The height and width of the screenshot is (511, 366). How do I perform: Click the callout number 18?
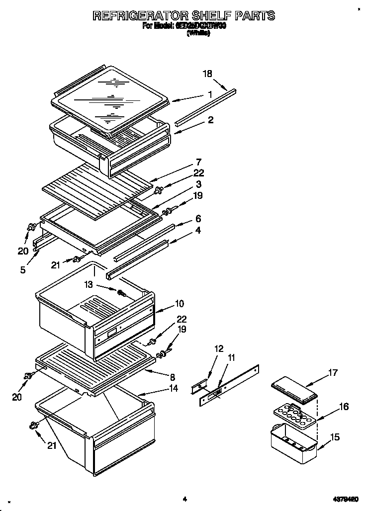(x=207, y=74)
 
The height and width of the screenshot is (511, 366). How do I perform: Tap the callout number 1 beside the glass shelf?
(x=210, y=94)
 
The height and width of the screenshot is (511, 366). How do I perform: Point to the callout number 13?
(x=89, y=285)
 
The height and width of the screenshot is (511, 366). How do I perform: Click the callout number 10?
(x=180, y=304)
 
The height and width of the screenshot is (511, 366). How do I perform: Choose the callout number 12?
(x=219, y=348)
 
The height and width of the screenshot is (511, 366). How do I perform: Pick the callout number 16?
(x=343, y=407)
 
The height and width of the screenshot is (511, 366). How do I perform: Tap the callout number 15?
(x=335, y=437)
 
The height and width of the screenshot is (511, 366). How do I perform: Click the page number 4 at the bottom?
(x=184, y=499)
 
